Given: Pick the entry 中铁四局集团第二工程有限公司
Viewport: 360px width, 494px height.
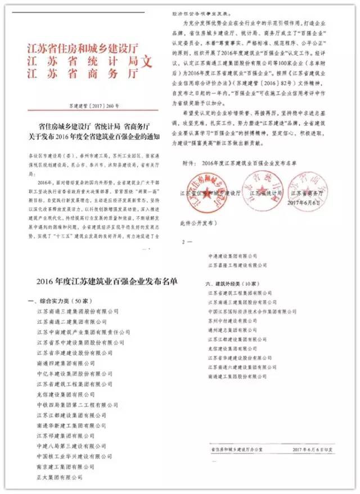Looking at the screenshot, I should (x=74, y=405).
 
